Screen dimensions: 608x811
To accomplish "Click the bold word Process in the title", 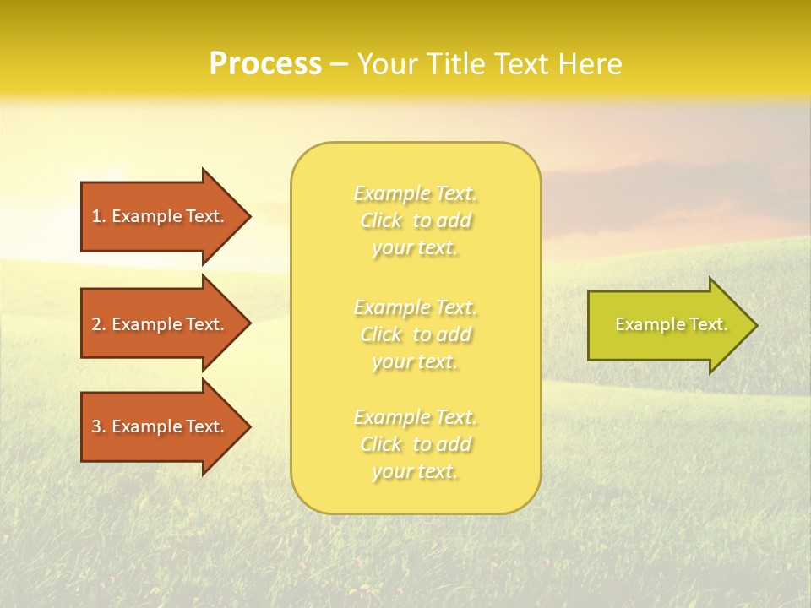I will coord(265,64).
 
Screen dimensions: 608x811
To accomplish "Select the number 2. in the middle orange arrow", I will coord(99,324).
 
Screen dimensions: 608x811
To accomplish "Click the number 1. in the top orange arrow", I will coord(99,216).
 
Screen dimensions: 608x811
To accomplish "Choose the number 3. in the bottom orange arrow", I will coord(99,426).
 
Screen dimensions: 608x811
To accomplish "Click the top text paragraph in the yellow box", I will coord(416,220).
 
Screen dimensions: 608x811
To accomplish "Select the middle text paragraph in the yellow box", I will coord(416,334).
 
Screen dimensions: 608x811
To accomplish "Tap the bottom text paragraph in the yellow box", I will coord(416,444).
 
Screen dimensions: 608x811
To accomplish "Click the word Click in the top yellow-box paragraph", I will coord(381,221).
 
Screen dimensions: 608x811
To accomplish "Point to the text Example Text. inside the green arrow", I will coord(671,324).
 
